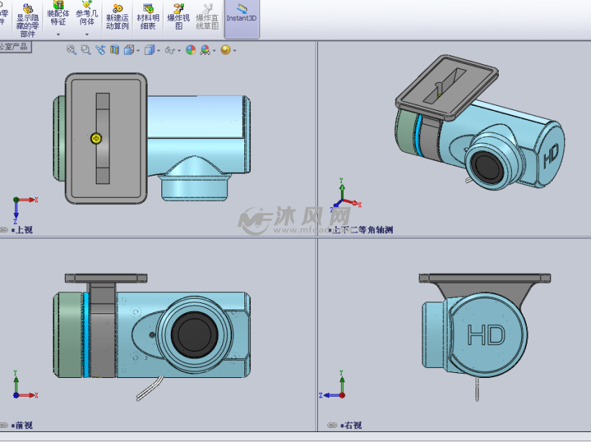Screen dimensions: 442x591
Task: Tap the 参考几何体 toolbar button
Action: pyautogui.click(x=86, y=16)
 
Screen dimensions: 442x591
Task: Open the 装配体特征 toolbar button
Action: pyautogui.click(x=58, y=16)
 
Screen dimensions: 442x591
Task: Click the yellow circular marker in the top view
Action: pyautogui.click(x=97, y=138)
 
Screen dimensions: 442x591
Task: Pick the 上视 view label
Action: pyautogui.click(x=23, y=230)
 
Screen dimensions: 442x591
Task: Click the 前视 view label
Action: pyautogui.click(x=23, y=425)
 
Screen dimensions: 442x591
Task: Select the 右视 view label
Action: pyautogui.click(x=352, y=425)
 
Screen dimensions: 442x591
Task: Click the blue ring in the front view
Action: pyautogui.click(x=85, y=335)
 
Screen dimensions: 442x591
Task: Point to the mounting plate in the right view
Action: pyautogui.click(x=484, y=277)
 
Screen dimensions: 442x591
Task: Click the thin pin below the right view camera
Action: pyautogui.click(x=476, y=389)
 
